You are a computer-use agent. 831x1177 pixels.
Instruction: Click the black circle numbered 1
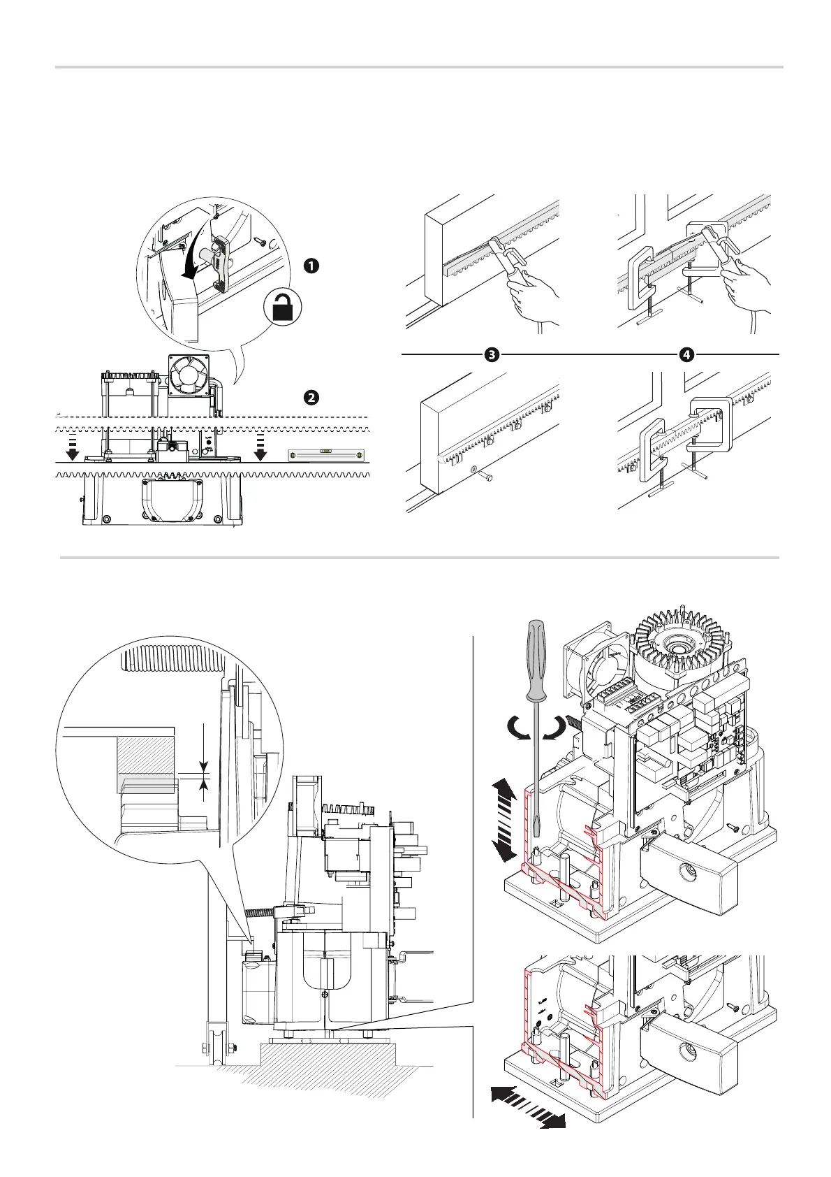pyautogui.click(x=311, y=266)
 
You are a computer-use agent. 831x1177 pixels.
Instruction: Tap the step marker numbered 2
pyautogui.click(x=311, y=397)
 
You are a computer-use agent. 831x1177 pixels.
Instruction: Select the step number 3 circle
pyautogui.click(x=491, y=354)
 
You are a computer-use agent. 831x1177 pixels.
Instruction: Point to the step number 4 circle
pyautogui.click(x=686, y=354)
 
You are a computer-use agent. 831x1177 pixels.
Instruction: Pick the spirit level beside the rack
pyautogui.click(x=326, y=456)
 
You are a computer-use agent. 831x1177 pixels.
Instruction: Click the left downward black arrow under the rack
pyautogui.click(x=71, y=451)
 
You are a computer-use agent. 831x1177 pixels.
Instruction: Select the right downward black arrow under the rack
pyautogui.click(x=260, y=451)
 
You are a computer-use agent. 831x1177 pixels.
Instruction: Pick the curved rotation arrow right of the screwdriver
pyautogui.click(x=554, y=728)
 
